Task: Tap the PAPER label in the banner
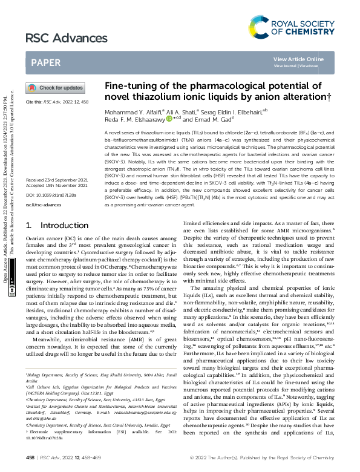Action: [45, 62]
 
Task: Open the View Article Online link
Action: [307, 59]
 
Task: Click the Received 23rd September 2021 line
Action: [57, 163]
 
